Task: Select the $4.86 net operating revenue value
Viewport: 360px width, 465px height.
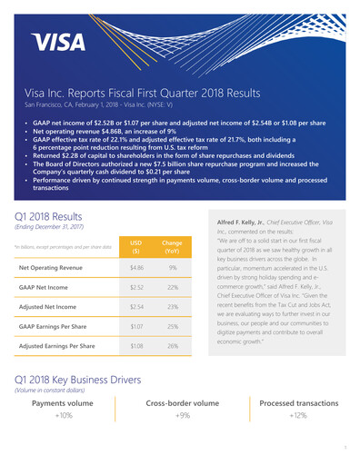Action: coord(136,269)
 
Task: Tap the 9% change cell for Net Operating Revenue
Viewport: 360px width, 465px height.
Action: coord(171,269)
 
